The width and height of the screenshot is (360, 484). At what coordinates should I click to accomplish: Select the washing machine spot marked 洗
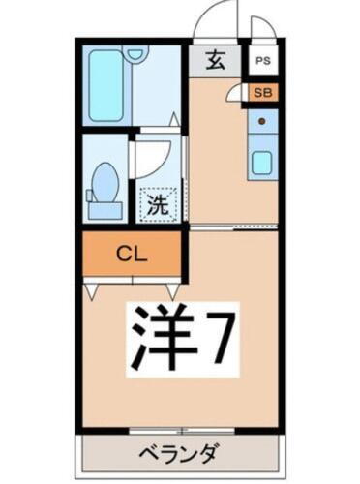(x=157, y=204)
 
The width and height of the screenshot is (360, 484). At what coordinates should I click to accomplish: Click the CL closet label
(x=132, y=256)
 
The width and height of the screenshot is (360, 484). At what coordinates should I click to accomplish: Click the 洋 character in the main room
(x=160, y=335)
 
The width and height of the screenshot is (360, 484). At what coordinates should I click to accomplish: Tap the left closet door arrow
(x=91, y=288)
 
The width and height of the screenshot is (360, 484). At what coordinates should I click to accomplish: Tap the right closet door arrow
(x=171, y=288)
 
